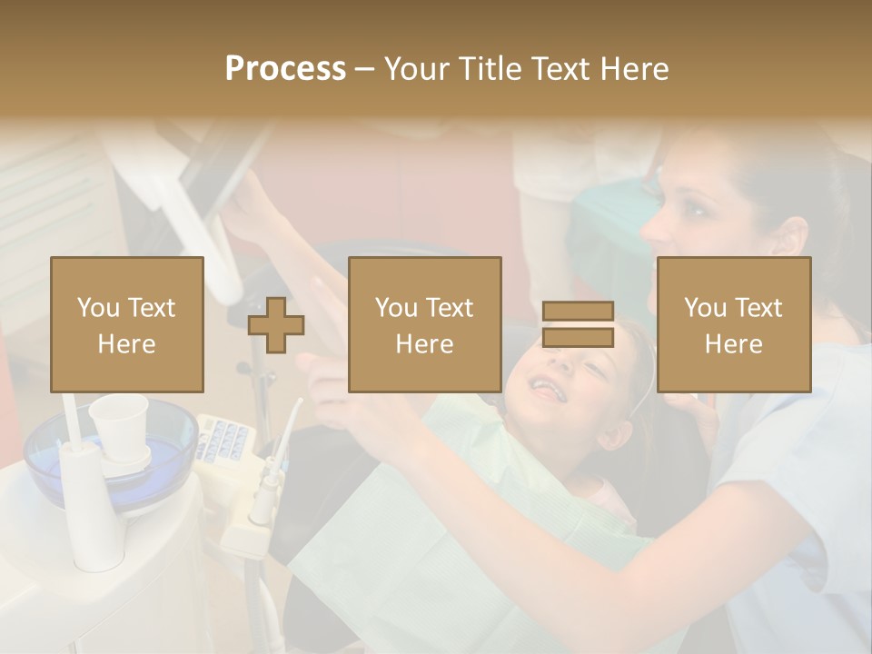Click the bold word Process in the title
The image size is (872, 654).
point(285,69)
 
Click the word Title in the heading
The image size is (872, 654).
point(491,69)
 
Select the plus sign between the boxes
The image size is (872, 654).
point(276,324)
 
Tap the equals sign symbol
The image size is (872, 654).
point(578,324)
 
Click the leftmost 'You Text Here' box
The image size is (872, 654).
point(127,324)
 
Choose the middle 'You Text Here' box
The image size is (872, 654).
point(425,324)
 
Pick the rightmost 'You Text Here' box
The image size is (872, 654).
point(734,324)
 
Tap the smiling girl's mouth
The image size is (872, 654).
point(544,389)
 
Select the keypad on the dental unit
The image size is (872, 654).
point(223,441)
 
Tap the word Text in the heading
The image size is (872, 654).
point(560,69)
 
